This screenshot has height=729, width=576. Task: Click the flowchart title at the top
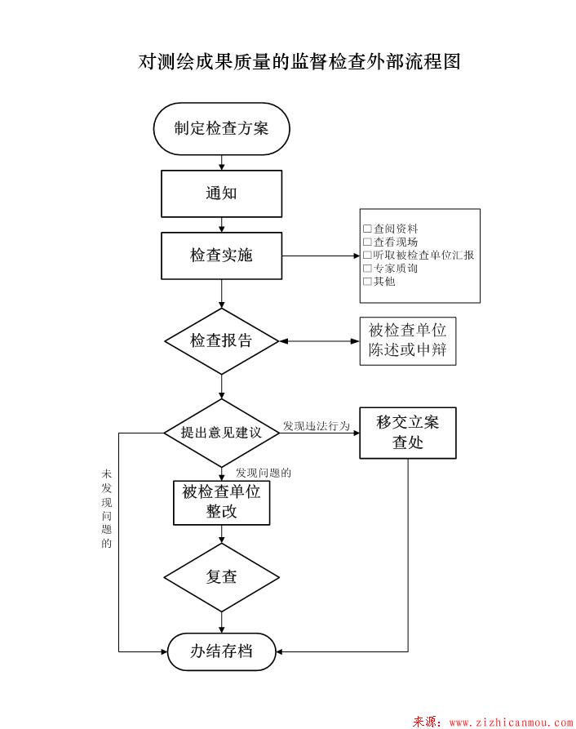click(299, 62)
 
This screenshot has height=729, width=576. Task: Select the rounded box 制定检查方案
click(221, 128)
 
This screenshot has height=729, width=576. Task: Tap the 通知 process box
click(221, 193)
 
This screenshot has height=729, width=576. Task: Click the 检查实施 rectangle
click(221, 256)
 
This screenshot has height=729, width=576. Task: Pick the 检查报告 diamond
click(221, 341)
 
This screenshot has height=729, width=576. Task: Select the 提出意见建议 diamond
click(221, 433)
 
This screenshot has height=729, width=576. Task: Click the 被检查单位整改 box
click(221, 502)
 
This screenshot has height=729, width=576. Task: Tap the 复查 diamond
click(221, 576)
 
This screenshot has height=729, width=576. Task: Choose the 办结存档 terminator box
click(221, 651)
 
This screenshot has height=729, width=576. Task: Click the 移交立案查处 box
click(407, 433)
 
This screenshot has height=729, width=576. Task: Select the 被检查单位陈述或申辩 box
click(407, 341)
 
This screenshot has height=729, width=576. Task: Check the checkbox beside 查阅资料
click(367, 229)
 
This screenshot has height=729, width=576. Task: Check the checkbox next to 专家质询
click(367, 269)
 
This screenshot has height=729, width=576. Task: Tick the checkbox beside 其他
click(367, 282)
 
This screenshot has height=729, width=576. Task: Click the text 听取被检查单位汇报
click(423, 256)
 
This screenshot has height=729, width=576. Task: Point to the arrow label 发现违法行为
click(316, 426)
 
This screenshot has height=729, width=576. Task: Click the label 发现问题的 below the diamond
click(264, 473)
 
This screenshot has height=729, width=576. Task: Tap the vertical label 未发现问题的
click(106, 508)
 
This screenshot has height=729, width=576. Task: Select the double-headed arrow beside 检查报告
click(318, 341)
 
